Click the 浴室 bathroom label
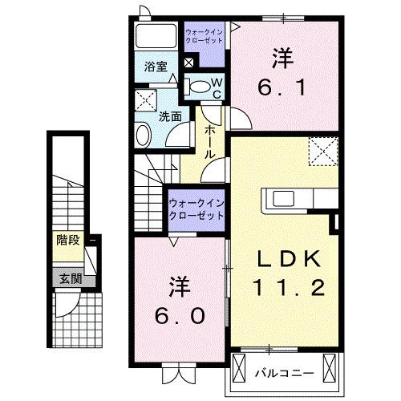[x=156, y=67]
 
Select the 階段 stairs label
[x=67, y=239]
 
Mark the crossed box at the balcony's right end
[x=330, y=369]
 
